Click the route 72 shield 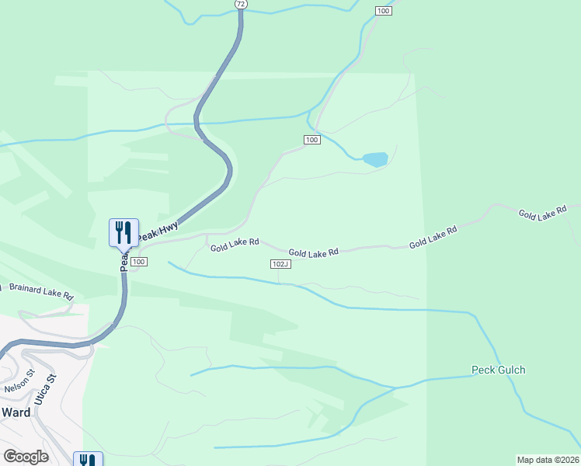[x=241, y=4]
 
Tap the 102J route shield [x=280, y=264]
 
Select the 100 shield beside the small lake [x=311, y=140]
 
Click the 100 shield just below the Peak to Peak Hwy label [x=138, y=262]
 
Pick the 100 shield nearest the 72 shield [x=382, y=10]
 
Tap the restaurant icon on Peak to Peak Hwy [x=124, y=231]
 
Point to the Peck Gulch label [x=498, y=370]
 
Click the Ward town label [x=16, y=412]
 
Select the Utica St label [x=51, y=388]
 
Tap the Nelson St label [x=19, y=382]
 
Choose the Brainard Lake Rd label [x=40, y=291]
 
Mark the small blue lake [x=375, y=159]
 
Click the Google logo [x=26, y=457]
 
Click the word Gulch [x=511, y=370]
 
